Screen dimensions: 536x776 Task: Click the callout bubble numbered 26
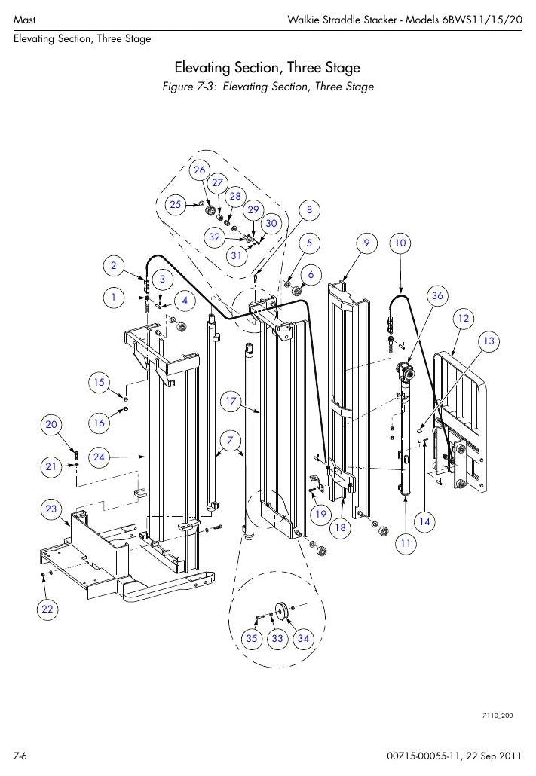[x=199, y=170]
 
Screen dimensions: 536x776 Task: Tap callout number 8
[x=310, y=210]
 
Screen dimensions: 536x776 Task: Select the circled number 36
[x=437, y=295]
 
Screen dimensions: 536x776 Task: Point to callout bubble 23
[x=51, y=509]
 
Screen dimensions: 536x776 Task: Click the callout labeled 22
[x=47, y=609]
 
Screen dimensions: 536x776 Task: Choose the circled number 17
[x=231, y=401]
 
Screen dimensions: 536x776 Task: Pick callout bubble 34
[x=303, y=638]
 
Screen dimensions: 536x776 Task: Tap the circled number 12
[x=463, y=318]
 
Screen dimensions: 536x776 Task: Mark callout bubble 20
[x=51, y=424]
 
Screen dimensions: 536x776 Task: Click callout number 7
[x=231, y=440]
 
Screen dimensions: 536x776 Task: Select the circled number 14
[x=424, y=521]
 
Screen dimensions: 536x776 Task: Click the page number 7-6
[x=20, y=756]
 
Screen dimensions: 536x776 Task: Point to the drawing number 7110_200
[x=498, y=716]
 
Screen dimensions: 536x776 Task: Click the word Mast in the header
[x=24, y=20]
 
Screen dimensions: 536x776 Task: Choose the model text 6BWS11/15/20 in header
[x=482, y=20]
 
